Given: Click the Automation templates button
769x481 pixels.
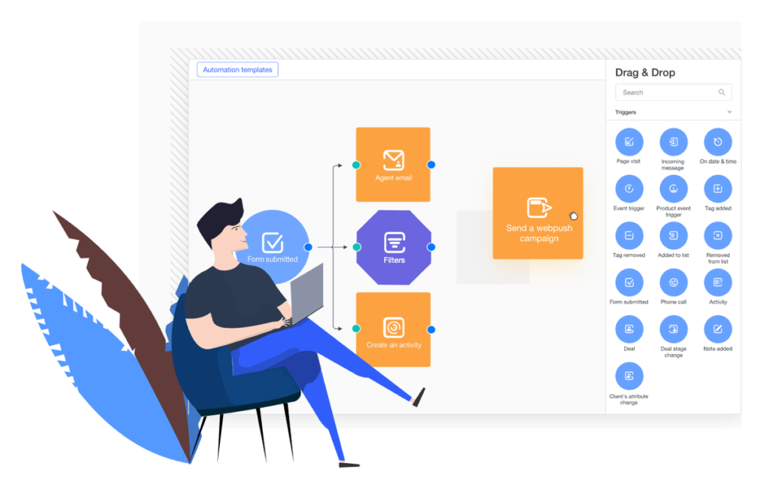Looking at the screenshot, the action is (x=237, y=70).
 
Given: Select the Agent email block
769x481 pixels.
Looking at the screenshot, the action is (x=394, y=165).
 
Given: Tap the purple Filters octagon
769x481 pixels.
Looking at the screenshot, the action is (x=394, y=247).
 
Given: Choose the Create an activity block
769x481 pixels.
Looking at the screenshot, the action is (x=394, y=329).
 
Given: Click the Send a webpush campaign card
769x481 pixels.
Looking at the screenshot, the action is (x=538, y=213).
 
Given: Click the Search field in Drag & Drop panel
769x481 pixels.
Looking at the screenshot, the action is (x=674, y=92).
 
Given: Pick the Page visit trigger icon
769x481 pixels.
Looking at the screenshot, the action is (x=629, y=142).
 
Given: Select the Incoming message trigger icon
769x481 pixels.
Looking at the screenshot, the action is (x=674, y=142).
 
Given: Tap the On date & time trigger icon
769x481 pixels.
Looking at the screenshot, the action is (x=718, y=142).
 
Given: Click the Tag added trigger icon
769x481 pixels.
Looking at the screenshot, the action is (x=718, y=189).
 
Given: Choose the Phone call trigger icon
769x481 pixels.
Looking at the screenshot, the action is (x=674, y=283).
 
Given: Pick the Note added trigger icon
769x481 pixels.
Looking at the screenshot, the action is (x=718, y=329).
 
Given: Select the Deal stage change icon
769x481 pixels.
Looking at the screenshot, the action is (x=674, y=329).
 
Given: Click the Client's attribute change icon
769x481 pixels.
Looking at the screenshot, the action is (x=629, y=377).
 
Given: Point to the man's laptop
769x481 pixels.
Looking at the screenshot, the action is (x=307, y=294).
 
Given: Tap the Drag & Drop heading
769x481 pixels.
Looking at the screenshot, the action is (x=645, y=73).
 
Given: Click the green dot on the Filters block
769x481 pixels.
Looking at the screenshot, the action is (x=357, y=247).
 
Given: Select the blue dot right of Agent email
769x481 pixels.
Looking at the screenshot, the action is (x=431, y=165).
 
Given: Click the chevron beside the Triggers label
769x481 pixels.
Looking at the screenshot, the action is (x=729, y=112).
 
